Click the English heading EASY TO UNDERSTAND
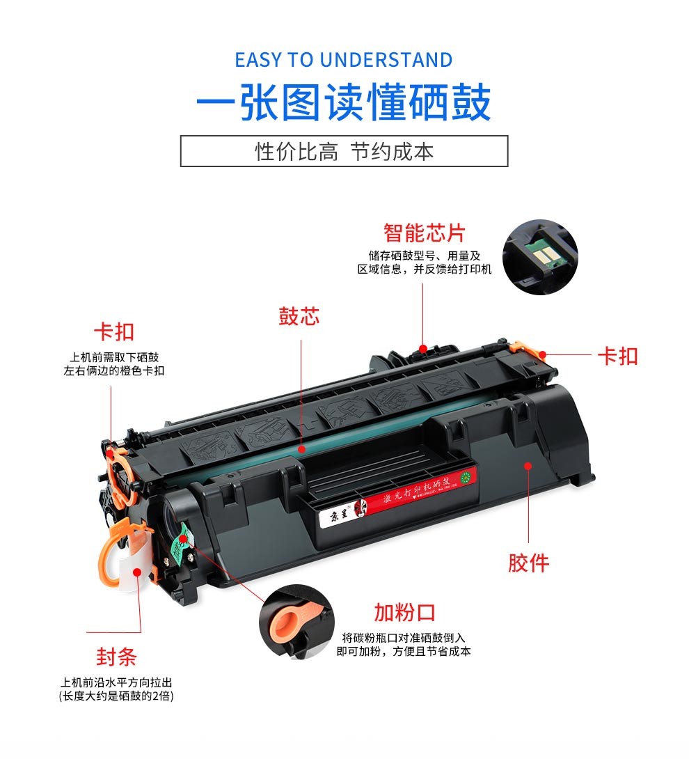pos(344,60)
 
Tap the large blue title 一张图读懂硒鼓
pos(344,103)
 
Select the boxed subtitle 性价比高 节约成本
pos(344,151)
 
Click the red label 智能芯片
pos(424,233)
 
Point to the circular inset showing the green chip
pos(540,257)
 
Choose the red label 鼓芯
pos(299,317)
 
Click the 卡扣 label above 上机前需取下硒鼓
pos(114,332)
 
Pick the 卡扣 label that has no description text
pos(617,357)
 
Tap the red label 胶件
pos(528,563)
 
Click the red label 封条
pos(116,657)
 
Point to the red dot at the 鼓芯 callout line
pos(301,450)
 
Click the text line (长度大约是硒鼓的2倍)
pos(116,696)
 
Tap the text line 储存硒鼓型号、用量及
pos(424,256)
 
